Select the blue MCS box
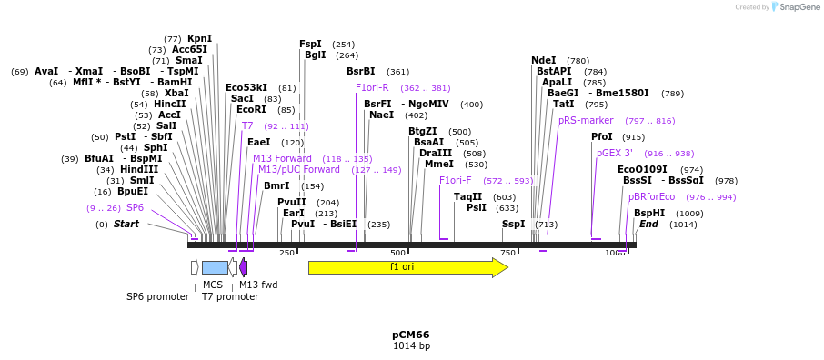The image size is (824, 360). (215, 267)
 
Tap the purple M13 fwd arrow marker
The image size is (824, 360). (244, 267)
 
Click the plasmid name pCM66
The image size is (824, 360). (411, 335)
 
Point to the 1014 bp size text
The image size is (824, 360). (411, 346)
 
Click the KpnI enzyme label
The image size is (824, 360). (200, 38)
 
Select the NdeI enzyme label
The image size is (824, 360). (543, 60)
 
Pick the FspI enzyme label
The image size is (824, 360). (310, 44)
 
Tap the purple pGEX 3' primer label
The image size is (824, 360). (615, 153)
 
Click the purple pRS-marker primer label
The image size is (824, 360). (586, 120)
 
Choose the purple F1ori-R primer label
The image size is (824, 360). (372, 87)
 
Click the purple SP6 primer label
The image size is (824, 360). (135, 207)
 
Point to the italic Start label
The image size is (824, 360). (126, 224)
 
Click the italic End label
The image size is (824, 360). (648, 224)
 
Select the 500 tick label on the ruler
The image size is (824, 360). (398, 253)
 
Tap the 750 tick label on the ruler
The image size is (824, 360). (508, 253)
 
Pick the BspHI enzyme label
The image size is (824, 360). (649, 213)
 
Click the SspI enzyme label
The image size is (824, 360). (513, 224)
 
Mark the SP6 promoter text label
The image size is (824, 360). (157, 296)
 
